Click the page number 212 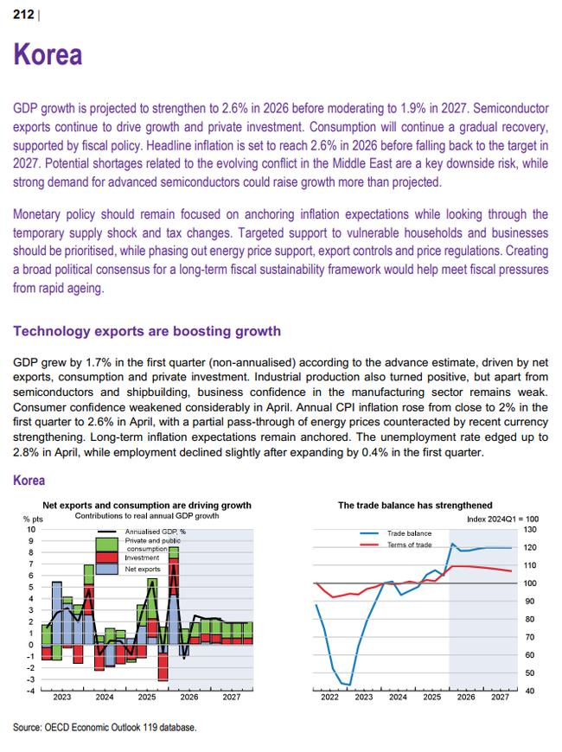coord(23,15)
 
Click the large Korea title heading coord(48,54)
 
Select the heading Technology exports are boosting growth coord(147,331)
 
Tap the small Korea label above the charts coord(29,480)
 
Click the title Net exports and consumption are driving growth coord(147,505)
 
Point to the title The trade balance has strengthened coord(415,505)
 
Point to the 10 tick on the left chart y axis coord(31,530)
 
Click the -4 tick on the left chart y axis coord(30,691)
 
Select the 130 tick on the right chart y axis coord(530,530)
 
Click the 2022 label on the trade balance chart coord(329,697)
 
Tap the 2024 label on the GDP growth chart coord(104,697)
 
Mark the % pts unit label coord(33,519)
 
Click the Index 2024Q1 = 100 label coord(502,519)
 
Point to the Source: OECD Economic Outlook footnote coord(105,727)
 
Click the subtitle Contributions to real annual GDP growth coord(147,515)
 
